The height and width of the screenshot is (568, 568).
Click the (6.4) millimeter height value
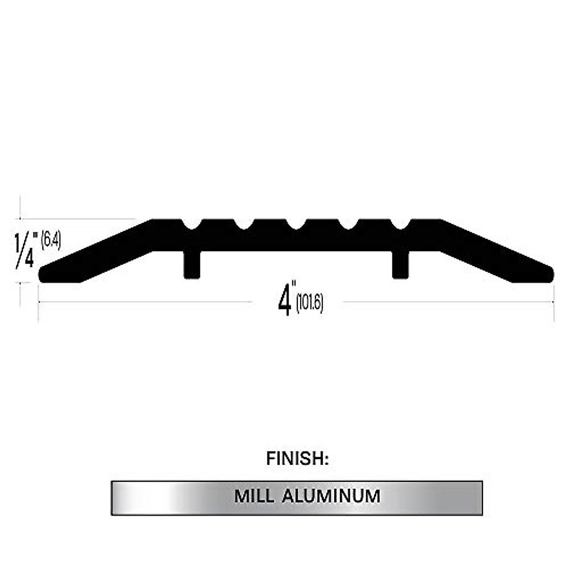click(51, 240)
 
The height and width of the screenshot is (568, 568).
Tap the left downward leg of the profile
click(192, 265)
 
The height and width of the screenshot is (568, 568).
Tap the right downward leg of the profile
click(400, 265)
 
